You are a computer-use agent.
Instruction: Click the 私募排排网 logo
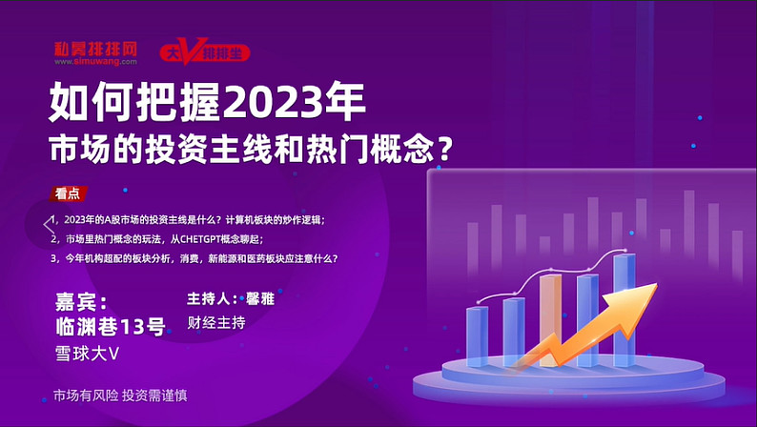(x=95, y=53)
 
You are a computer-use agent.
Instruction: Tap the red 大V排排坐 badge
(x=205, y=51)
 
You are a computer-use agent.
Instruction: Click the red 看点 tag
(x=68, y=193)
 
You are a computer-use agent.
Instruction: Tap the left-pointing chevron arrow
(x=49, y=225)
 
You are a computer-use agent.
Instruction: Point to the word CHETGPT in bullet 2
(x=200, y=239)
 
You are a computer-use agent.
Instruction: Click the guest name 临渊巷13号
(x=111, y=327)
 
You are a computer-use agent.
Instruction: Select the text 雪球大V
(x=87, y=354)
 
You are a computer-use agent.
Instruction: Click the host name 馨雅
(x=260, y=299)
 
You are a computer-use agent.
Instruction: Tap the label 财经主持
(x=216, y=322)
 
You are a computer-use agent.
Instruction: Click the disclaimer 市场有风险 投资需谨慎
(x=120, y=396)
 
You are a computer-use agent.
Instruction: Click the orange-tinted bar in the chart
(x=550, y=320)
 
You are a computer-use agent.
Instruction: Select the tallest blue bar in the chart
(x=624, y=310)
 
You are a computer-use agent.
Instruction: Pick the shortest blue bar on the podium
(x=477, y=336)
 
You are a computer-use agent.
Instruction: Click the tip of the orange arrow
(x=657, y=284)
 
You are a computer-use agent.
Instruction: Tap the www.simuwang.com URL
(x=95, y=62)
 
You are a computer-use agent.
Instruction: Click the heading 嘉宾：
(x=82, y=302)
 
